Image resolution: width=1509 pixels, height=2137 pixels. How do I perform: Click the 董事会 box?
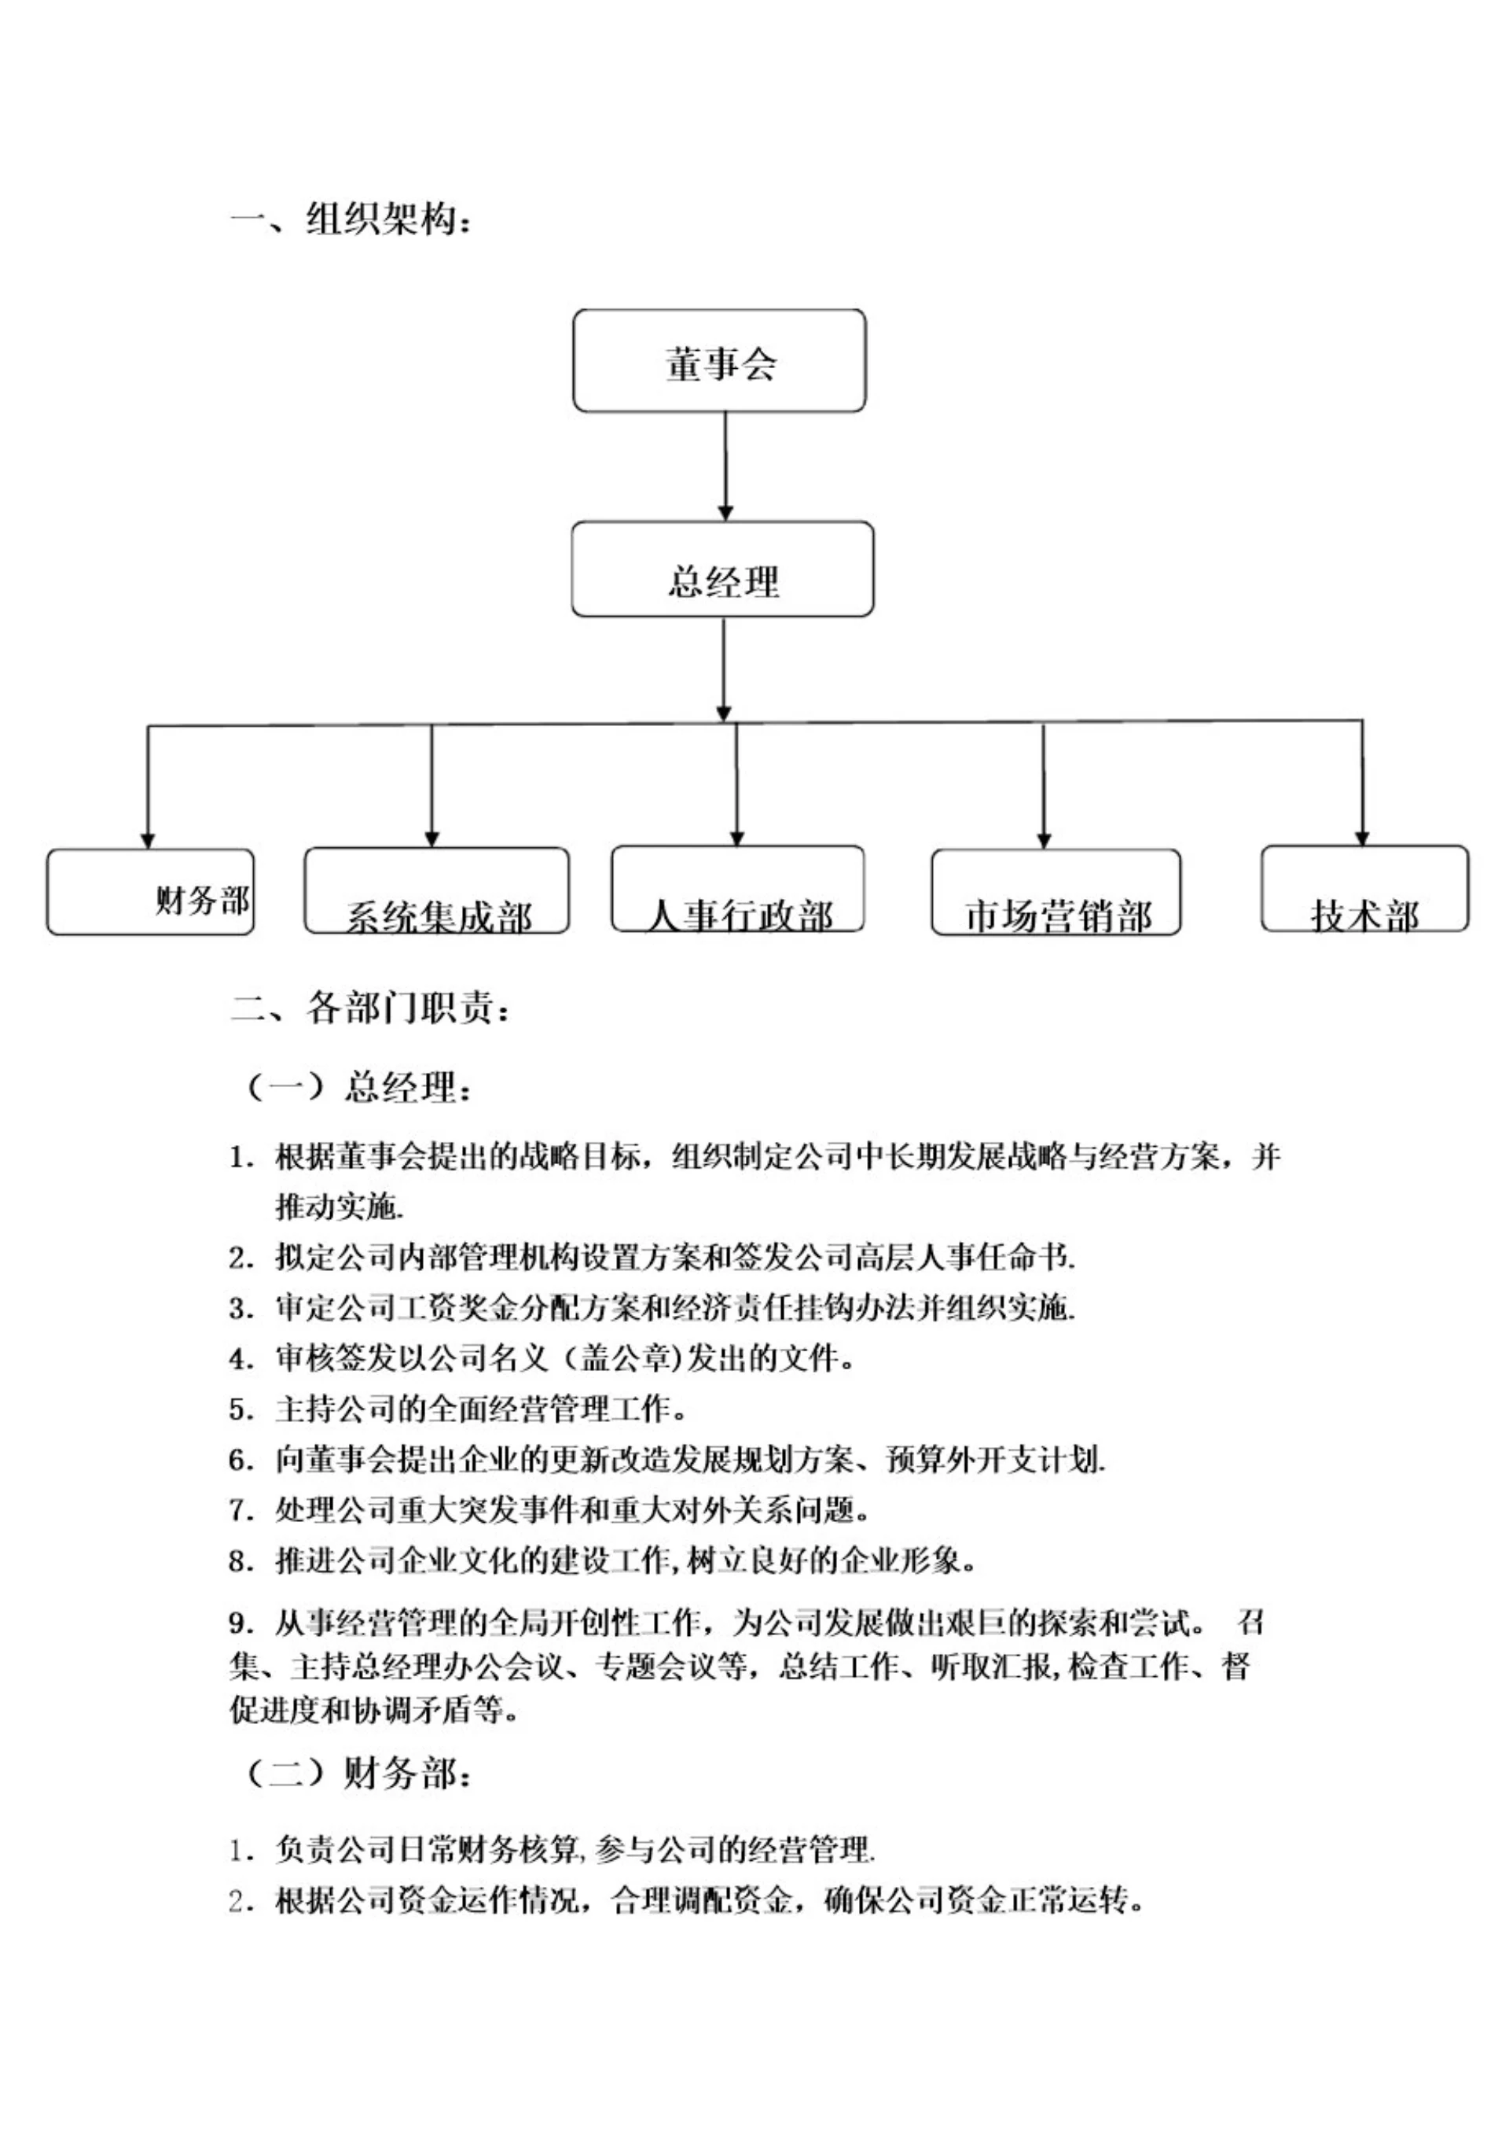pyautogui.click(x=719, y=361)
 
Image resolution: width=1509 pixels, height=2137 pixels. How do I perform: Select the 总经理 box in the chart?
pyautogui.click(x=722, y=569)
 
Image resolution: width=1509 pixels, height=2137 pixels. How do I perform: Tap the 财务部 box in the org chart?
pyautogui.click(x=150, y=892)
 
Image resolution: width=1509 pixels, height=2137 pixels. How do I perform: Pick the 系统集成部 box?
pyautogui.click(x=436, y=890)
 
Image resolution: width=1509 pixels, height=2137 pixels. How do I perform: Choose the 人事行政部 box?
pyautogui.click(x=737, y=889)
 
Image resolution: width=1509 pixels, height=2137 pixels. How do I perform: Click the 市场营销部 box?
pyautogui.click(x=1056, y=892)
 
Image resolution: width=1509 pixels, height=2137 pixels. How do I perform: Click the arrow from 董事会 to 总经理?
pyautogui.click(x=725, y=466)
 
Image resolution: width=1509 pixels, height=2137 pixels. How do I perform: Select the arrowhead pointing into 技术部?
pyautogui.click(x=1362, y=838)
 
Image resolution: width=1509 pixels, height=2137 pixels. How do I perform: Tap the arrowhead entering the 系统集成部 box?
pyautogui.click(x=431, y=839)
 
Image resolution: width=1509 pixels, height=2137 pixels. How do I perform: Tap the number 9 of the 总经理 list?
pyautogui.click(x=239, y=1625)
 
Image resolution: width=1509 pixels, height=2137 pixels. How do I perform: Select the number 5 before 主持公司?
pyautogui.click(x=239, y=1410)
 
